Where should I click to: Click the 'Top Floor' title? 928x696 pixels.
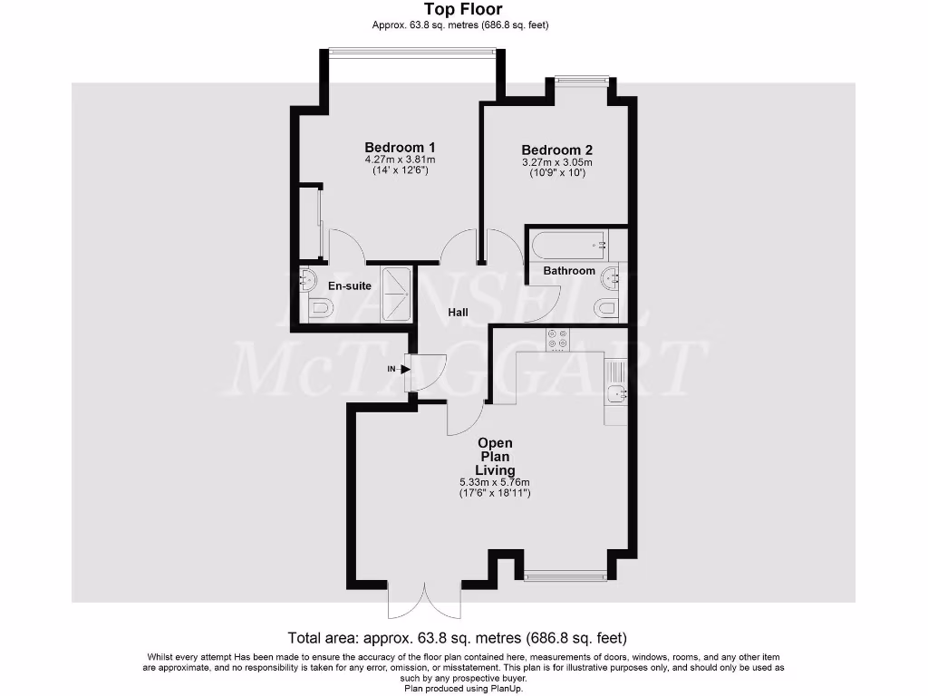(x=462, y=10)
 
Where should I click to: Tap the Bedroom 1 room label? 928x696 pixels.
(x=400, y=148)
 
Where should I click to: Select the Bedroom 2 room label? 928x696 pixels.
(x=556, y=150)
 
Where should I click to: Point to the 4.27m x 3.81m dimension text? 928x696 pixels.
(x=400, y=160)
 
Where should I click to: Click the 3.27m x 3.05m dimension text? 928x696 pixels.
(x=556, y=163)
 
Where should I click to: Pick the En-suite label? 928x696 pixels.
(x=349, y=286)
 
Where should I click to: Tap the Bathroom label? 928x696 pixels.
(x=569, y=271)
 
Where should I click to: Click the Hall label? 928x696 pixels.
(x=459, y=313)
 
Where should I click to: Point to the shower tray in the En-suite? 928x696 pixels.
(x=396, y=295)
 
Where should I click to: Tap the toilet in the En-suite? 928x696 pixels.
(x=319, y=310)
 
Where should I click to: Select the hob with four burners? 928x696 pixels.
(x=557, y=339)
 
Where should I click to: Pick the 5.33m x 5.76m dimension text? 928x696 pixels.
(x=494, y=482)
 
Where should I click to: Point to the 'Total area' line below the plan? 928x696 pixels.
(x=457, y=637)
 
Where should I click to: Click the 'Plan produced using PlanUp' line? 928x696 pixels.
(x=464, y=688)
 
